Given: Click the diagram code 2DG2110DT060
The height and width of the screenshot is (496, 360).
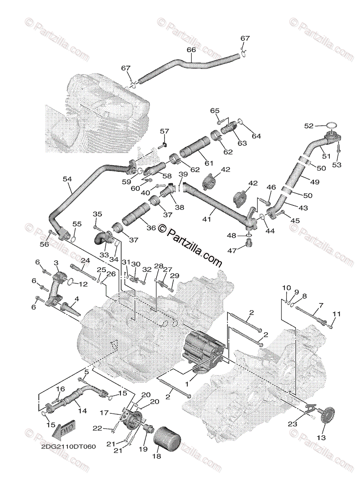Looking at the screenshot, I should click(62, 448).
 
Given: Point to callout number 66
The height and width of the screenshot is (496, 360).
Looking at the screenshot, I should click(191, 50).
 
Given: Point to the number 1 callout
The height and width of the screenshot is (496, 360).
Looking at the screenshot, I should click(187, 384).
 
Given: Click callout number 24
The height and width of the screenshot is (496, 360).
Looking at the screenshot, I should click(85, 261).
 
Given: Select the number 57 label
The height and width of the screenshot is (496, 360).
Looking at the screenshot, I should click(165, 131).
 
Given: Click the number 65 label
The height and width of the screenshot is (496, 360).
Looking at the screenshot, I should click(215, 110).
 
